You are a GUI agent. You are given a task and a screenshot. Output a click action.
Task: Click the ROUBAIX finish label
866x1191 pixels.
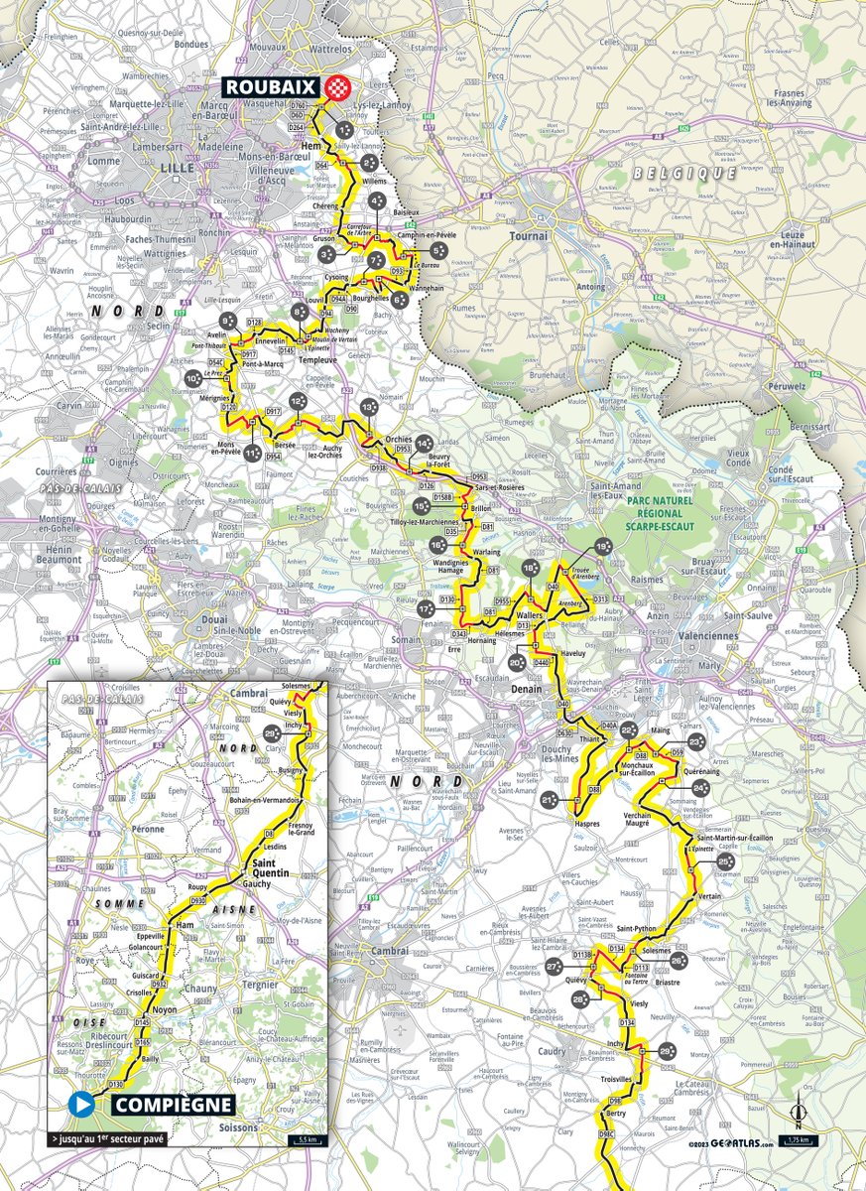pyautogui.click(x=271, y=86)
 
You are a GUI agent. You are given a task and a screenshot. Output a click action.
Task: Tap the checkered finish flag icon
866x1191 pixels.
pyautogui.click(x=339, y=86)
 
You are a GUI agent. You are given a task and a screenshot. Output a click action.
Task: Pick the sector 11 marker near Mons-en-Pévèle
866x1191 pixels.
pyautogui.click(x=253, y=453)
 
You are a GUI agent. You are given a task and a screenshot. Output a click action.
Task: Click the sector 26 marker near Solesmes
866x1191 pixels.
pyautogui.click(x=679, y=961)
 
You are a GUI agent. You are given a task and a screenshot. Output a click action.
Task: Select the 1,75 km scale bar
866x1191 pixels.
pyautogui.click(x=799, y=1140)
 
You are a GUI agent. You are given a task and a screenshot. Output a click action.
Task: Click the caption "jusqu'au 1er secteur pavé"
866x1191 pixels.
pyautogui.click(x=108, y=1137)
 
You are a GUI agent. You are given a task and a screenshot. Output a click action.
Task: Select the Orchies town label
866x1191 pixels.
pyautogui.click(x=398, y=438)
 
